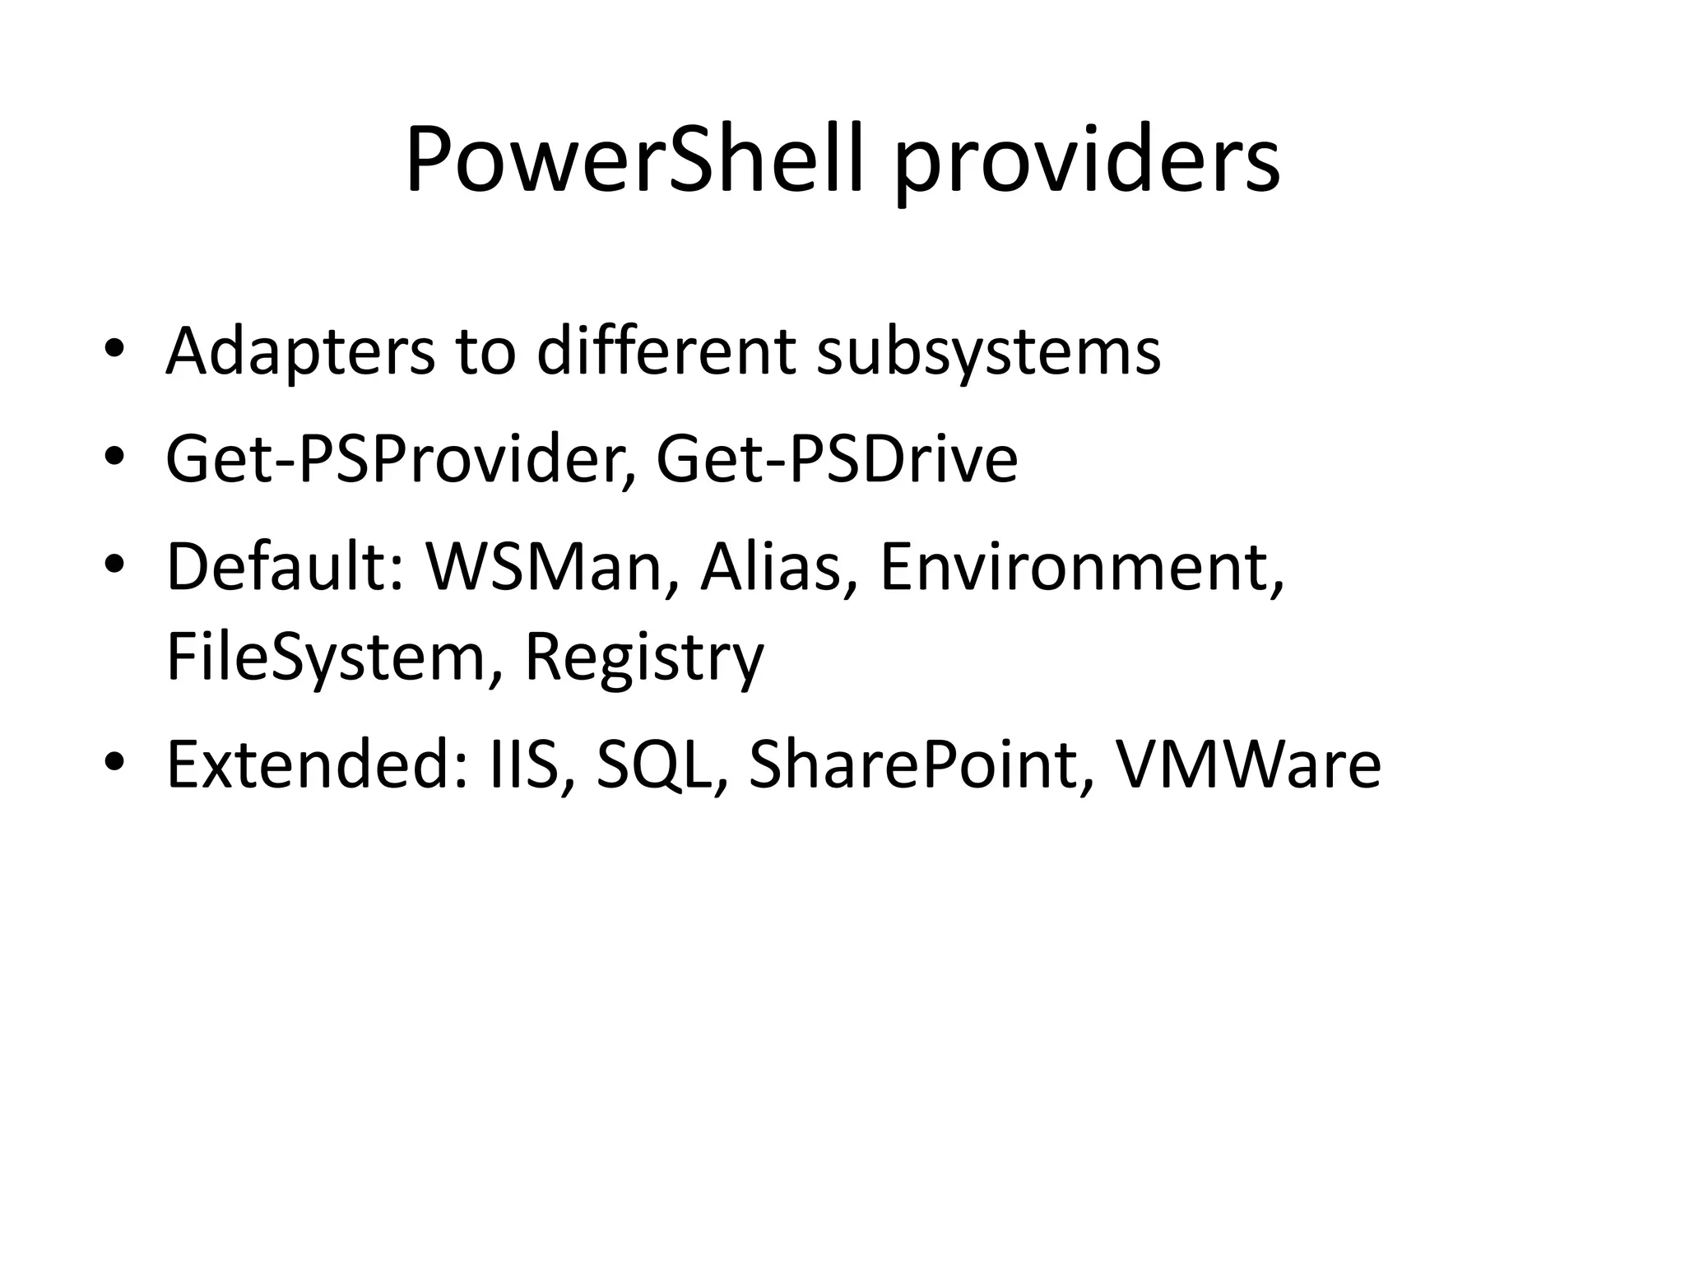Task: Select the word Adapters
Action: pos(299,352)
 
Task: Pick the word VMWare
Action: pos(1247,764)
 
